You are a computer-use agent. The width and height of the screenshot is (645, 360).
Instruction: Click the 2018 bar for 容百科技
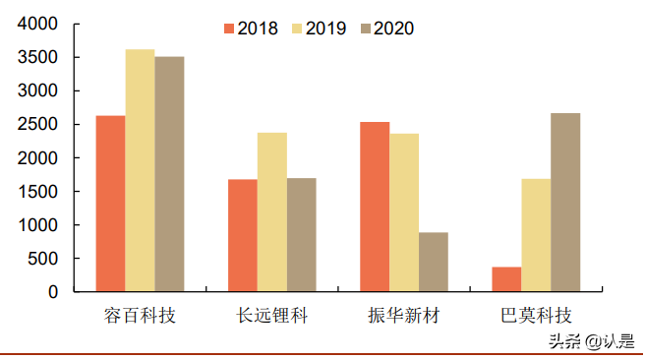110,204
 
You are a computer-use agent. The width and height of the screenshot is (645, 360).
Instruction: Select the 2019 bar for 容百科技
140,170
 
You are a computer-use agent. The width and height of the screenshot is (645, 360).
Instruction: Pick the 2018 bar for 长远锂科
243,235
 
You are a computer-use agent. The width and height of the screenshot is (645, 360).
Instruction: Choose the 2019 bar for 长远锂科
272,212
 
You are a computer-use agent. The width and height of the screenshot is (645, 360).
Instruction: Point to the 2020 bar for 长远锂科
302,235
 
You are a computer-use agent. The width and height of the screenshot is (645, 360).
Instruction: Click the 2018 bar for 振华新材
375,207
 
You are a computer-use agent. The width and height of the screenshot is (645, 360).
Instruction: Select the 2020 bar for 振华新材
434,262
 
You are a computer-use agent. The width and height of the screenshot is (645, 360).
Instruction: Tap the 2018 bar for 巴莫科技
506,279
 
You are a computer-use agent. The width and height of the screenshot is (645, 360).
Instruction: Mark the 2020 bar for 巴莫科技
565,203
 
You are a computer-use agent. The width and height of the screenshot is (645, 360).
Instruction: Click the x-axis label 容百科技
140,317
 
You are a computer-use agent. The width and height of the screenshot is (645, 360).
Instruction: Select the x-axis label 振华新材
404,317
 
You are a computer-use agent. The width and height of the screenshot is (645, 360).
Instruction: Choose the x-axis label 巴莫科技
536,317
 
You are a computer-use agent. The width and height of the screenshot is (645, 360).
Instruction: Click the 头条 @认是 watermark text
591,342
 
